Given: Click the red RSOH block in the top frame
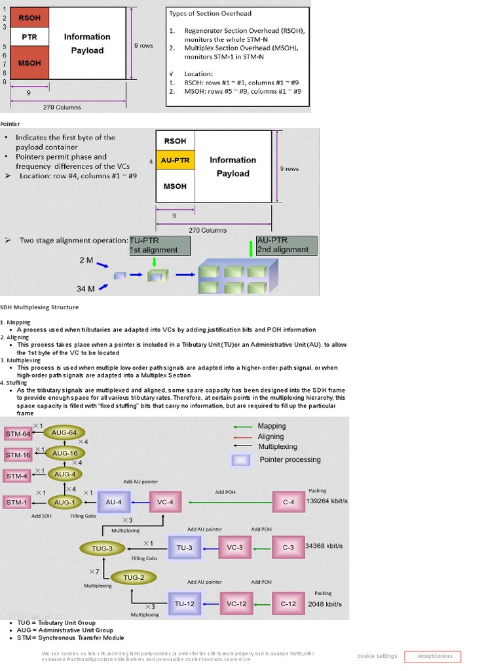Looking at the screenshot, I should tap(29, 18).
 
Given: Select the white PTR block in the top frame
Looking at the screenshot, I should tap(29, 37).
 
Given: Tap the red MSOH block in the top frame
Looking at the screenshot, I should tap(29, 63).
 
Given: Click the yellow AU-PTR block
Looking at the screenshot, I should tap(175, 160).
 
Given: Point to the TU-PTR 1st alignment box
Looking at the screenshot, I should tap(160, 245).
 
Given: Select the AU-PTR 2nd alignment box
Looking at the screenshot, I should tap(287, 245).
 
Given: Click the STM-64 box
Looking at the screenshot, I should tap(18, 434).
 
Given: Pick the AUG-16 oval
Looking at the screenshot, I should tap(65, 453).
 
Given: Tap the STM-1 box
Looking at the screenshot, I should tap(18, 503).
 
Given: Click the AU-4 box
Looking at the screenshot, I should tap(114, 503).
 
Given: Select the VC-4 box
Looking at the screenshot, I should tap(165, 503).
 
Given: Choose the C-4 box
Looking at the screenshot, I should tap(289, 503).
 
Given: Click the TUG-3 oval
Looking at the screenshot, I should tap(102, 547).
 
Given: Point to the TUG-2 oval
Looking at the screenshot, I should tap(134, 577).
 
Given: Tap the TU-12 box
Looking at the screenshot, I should tap(184, 604).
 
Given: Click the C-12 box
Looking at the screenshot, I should tap(289, 604).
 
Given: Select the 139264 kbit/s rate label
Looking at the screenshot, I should tap(327, 501).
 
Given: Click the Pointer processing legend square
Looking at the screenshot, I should tap(240, 459).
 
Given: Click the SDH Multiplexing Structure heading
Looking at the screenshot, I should tap(39, 307).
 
